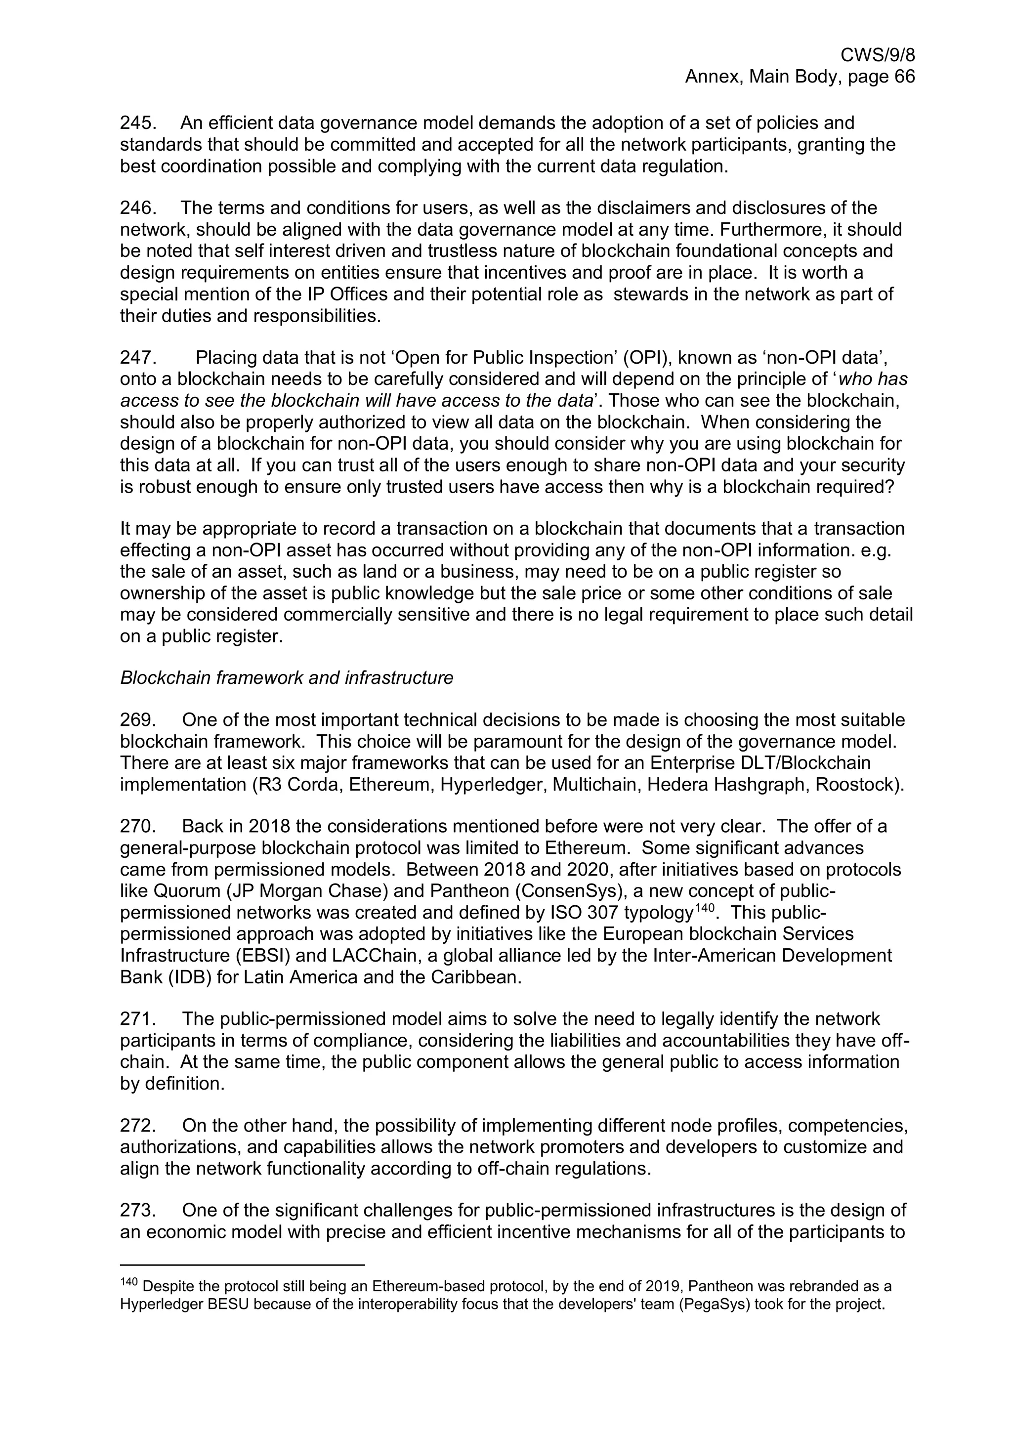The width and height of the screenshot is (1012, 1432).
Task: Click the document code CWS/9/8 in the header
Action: pyautogui.click(x=877, y=55)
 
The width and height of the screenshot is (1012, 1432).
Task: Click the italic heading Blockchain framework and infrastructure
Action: pyautogui.click(x=286, y=677)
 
